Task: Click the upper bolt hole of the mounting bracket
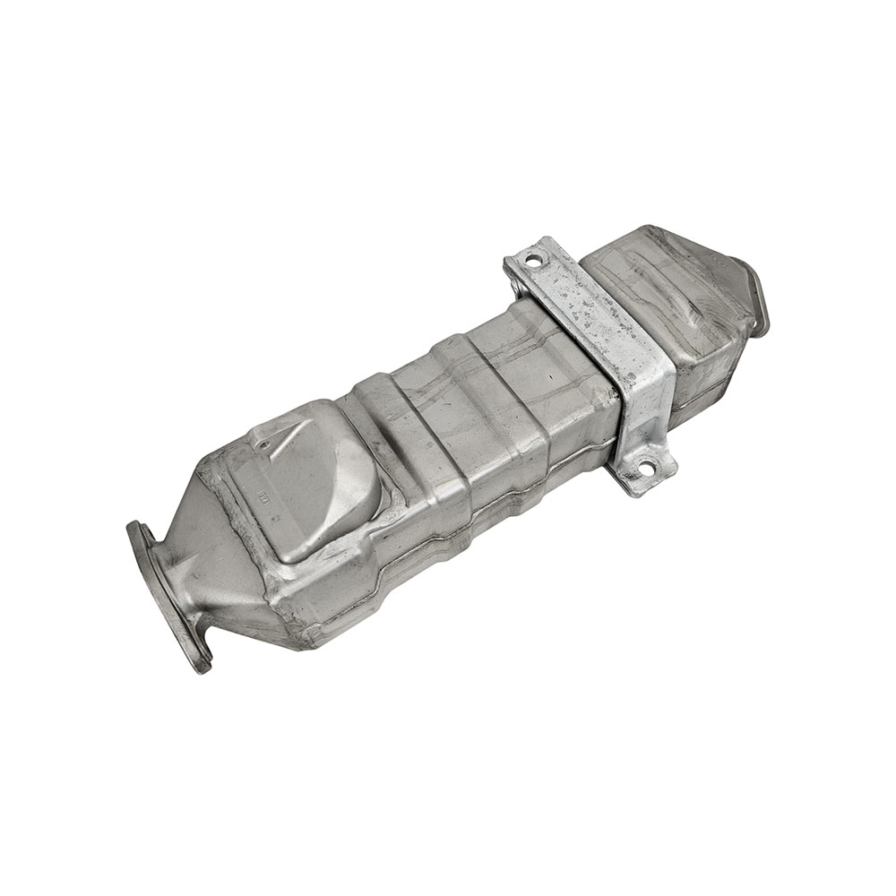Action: [x=535, y=261]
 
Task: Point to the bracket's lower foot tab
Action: [x=647, y=466]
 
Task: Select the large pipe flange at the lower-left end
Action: [x=170, y=596]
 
